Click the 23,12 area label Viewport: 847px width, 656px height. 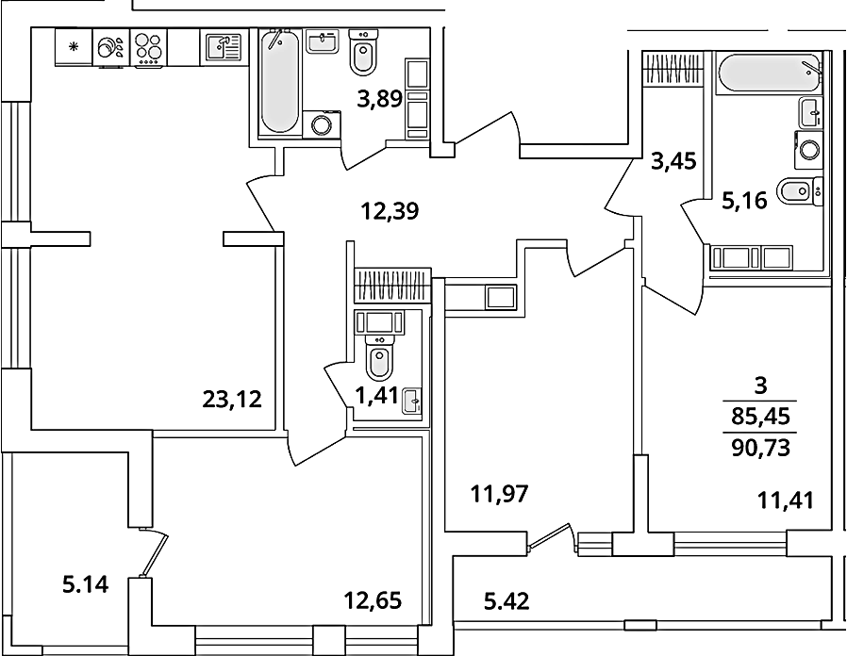click(x=232, y=399)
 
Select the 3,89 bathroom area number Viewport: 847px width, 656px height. click(x=380, y=99)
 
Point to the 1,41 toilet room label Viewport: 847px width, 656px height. click(x=376, y=396)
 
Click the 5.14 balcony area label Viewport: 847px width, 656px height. click(x=86, y=584)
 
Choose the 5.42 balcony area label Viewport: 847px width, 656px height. click(x=507, y=600)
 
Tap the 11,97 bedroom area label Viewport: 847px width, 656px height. click(x=499, y=494)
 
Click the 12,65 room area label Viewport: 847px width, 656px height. click(x=374, y=599)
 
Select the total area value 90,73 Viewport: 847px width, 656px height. click(x=760, y=448)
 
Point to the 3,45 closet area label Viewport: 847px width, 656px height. click(x=673, y=161)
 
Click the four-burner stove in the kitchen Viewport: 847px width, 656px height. click(x=148, y=47)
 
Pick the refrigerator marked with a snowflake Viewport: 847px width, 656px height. click(x=74, y=47)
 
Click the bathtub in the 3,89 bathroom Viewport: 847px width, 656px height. click(x=279, y=81)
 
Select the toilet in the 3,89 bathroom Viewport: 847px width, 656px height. click(x=363, y=53)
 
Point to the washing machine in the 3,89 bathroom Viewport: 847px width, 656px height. click(x=322, y=124)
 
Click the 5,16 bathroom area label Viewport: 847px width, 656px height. click(x=744, y=202)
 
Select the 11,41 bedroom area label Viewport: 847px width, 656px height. click(x=786, y=500)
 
